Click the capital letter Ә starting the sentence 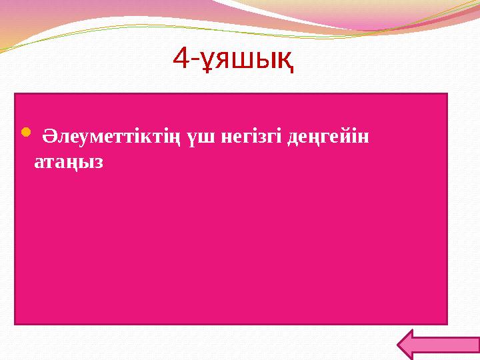coord(49,137)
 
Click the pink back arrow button coord(437,345)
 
